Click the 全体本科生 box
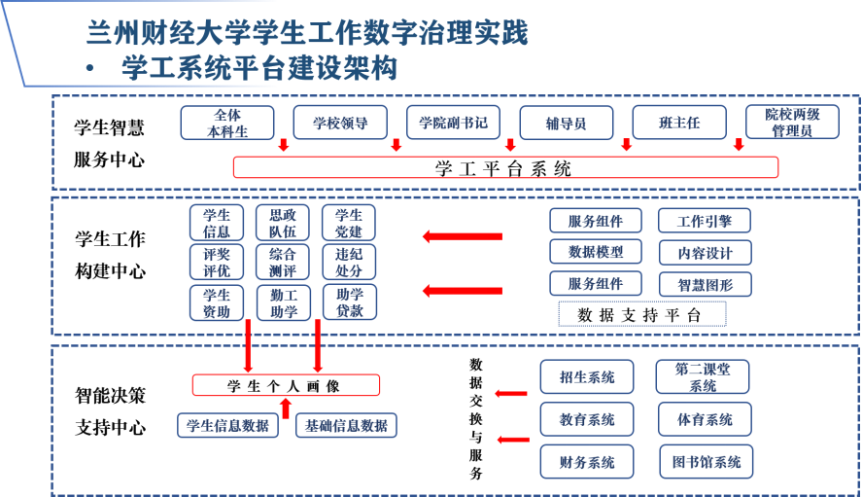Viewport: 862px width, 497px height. pos(228,123)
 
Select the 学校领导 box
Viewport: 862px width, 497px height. pos(340,123)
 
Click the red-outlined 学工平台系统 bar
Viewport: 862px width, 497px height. pos(505,167)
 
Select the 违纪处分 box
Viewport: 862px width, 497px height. pos(349,262)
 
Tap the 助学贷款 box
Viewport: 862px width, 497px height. pos(349,302)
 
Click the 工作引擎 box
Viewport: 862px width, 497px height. pos(705,221)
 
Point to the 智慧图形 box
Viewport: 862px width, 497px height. pos(705,284)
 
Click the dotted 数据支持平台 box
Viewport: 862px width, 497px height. pos(642,314)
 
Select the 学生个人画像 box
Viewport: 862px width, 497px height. pos(285,385)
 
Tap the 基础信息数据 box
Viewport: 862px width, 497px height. pos(345,425)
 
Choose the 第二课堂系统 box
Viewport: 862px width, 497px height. pos(705,377)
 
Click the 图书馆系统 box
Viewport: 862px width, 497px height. pos(706,461)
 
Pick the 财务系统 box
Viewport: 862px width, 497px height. pos(587,461)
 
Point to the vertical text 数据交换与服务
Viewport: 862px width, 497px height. pos(476,418)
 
